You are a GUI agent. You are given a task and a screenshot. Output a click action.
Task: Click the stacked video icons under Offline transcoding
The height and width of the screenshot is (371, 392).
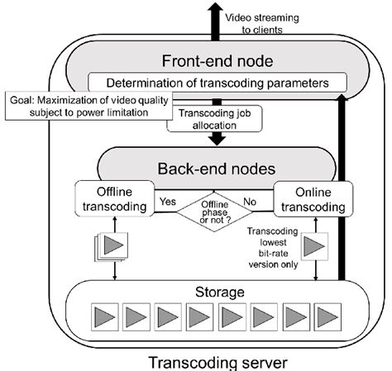[110, 246]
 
